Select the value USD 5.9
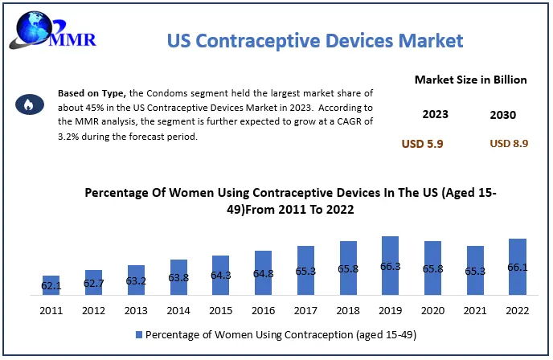pos(423,144)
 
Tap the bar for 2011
pos(51,286)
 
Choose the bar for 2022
pos(518,268)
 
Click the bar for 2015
pos(221,276)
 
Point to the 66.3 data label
pos(391,266)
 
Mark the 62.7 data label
pos(93,284)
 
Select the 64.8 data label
pos(264,273)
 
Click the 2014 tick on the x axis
pos(178,311)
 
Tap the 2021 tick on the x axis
pos(475,311)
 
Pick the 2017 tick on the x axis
pos(305,311)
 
